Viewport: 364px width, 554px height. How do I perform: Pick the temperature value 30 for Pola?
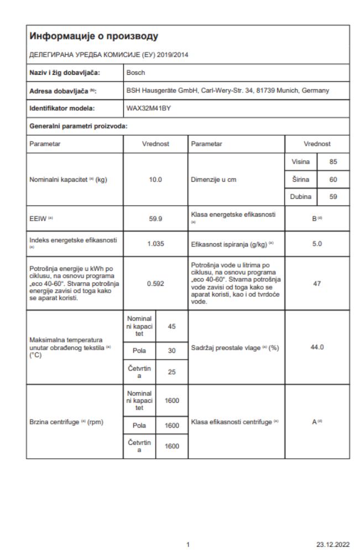(171, 351)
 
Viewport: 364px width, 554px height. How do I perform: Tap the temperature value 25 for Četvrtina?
(171, 372)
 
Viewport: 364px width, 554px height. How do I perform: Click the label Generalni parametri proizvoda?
(79, 126)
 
